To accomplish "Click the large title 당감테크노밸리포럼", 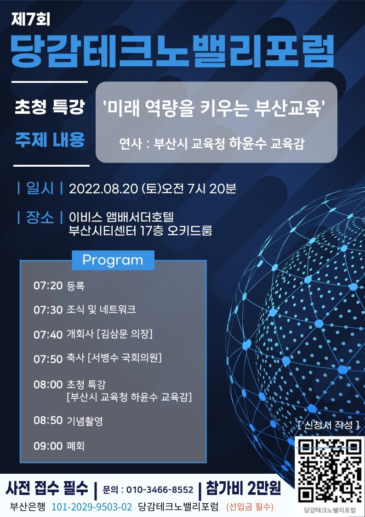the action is (x=172, y=50).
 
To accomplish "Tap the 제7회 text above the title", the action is (x=31, y=20).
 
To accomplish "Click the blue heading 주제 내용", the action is (x=50, y=139).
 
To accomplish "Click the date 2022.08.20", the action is (x=103, y=189).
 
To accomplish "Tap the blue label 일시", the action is (x=40, y=189).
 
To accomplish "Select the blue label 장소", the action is (x=40, y=218).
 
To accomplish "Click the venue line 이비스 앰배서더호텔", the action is (x=121, y=218).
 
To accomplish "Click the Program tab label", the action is (x=113, y=260).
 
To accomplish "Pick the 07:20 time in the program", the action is (x=48, y=285).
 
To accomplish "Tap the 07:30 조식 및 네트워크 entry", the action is (x=85, y=310).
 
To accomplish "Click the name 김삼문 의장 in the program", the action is (x=125, y=334).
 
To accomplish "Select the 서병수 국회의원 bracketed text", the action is (x=125, y=358).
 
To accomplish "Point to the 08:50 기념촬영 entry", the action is (x=68, y=421).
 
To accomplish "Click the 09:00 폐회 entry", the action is (x=59, y=446).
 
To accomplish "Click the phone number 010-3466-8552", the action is (x=160, y=490).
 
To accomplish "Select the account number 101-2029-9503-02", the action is (x=92, y=506).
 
